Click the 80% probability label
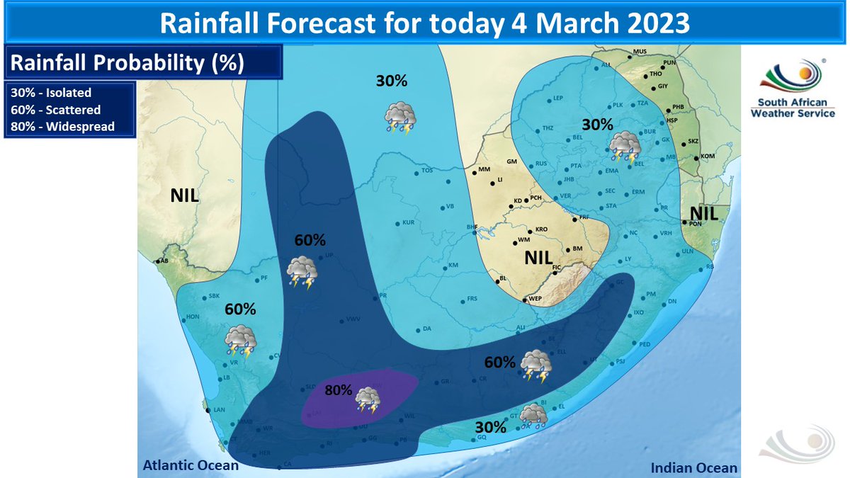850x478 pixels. pyautogui.click(x=338, y=390)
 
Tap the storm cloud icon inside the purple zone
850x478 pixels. pyautogui.click(x=368, y=399)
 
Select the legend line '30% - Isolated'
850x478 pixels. pyautogui.click(x=51, y=93)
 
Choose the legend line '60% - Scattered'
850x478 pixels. pyautogui.click(x=55, y=110)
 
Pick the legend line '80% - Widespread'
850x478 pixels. pyautogui.click(x=62, y=127)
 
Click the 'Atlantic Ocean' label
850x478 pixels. pyautogui.click(x=191, y=465)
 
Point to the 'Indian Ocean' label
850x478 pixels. pyautogui.click(x=694, y=467)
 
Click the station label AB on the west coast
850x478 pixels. pyautogui.click(x=164, y=261)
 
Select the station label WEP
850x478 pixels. pyautogui.click(x=535, y=300)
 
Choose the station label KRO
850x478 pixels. pyautogui.click(x=542, y=229)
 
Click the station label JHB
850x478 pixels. pyautogui.click(x=568, y=180)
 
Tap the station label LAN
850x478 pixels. pyautogui.click(x=219, y=409)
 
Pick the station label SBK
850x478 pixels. pyautogui.click(x=215, y=297)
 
